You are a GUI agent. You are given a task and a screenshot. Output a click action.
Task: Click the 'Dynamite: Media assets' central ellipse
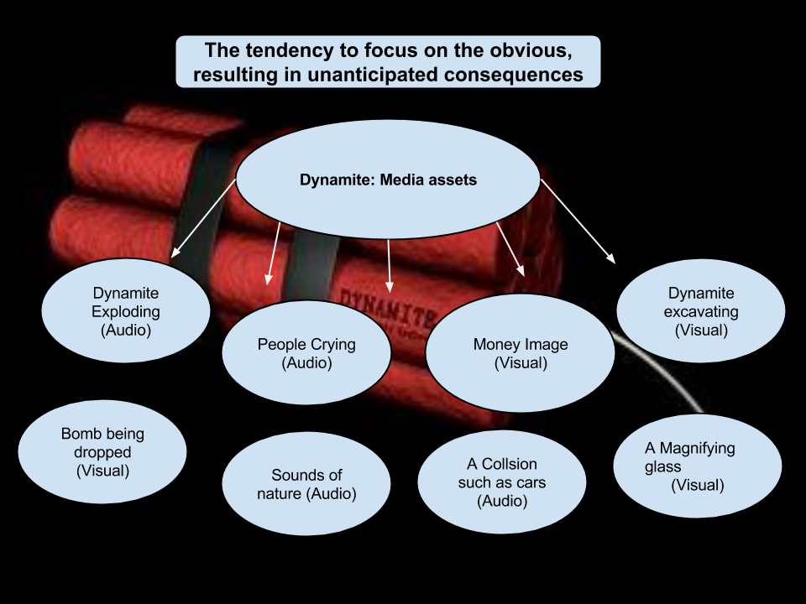pyautogui.click(x=388, y=180)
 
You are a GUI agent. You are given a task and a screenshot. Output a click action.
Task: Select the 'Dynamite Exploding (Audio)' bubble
pyautogui.click(x=126, y=312)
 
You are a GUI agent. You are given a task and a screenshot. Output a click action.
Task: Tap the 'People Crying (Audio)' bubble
pyautogui.click(x=306, y=353)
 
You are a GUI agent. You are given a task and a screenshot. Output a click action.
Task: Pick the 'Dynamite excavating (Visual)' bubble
pyautogui.click(x=700, y=311)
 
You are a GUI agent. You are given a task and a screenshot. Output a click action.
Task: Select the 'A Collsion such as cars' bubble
pyautogui.click(x=501, y=482)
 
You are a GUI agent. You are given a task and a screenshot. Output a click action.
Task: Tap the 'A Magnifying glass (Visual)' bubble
pyautogui.click(x=697, y=466)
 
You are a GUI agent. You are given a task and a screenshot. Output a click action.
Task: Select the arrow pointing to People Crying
pyautogui.click(x=274, y=253)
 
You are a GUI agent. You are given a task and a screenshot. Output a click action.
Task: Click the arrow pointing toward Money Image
pyautogui.click(x=510, y=248)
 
